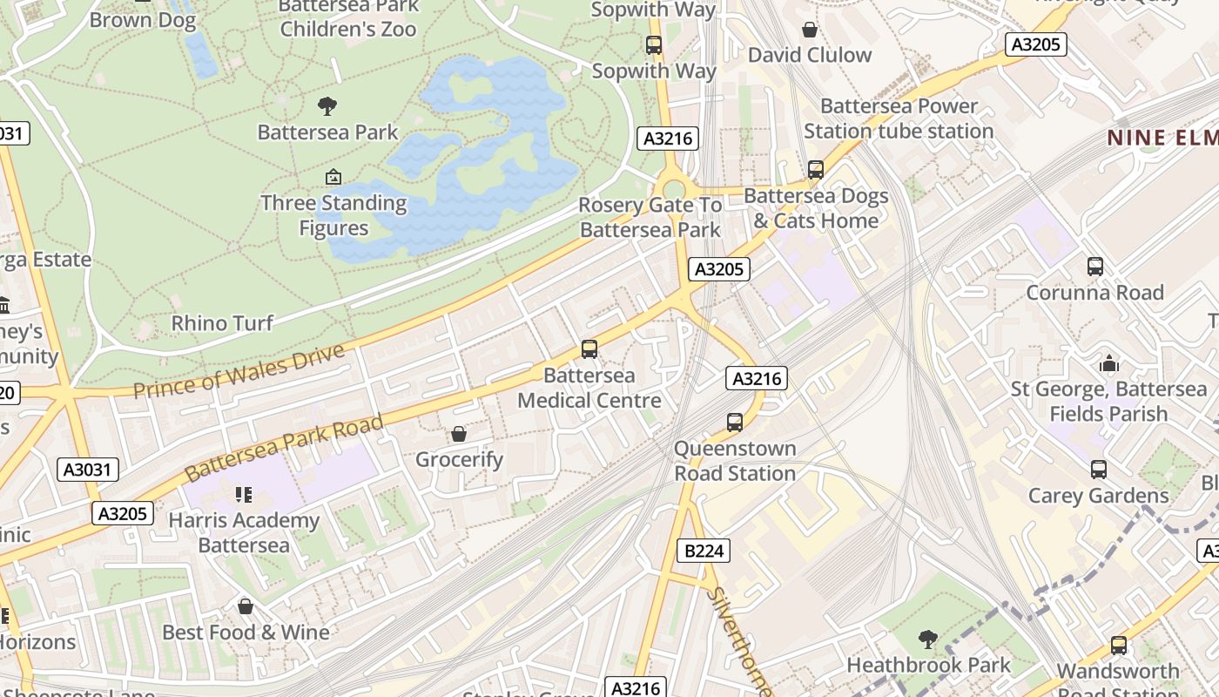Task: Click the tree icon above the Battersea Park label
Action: [327, 106]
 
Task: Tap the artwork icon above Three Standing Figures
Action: [333, 178]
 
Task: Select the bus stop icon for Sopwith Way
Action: [654, 45]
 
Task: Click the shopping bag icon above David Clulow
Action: [810, 30]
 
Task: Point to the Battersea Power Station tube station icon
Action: [816, 170]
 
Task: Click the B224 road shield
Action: [704, 551]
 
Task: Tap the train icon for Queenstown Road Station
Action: [735, 423]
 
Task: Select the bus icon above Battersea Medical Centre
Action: [589, 349]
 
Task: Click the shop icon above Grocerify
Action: [459, 434]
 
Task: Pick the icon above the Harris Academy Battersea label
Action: [244, 495]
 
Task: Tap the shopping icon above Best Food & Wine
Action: [246, 606]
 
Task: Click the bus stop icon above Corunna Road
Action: [1095, 267]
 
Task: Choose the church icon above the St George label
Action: [1109, 362]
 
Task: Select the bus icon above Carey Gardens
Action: [1099, 470]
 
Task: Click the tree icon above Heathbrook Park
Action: [928, 639]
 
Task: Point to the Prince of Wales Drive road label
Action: [239, 371]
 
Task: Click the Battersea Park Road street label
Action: [284, 448]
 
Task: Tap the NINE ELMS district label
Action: [1162, 138]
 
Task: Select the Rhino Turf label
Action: [222, 323]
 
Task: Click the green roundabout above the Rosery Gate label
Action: [674, 190]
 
